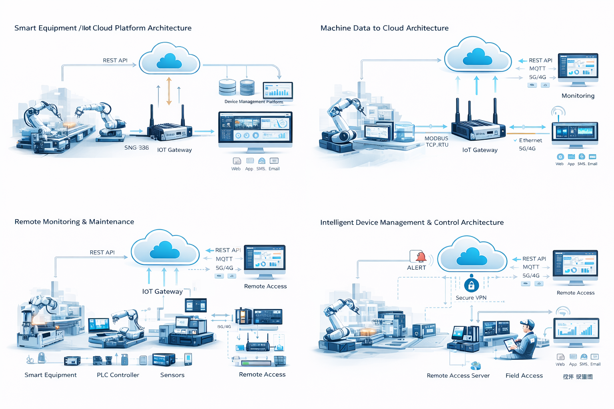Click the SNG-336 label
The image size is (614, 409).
pyautogui.click(x=136, y=148)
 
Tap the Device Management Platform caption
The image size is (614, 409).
pyautogui.click(x=253, y=102)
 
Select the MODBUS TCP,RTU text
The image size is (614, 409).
pyautogui.click(x=437, y=142)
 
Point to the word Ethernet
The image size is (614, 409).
pyautogui.click(x=530, y=141)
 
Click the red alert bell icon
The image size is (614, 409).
pyautogui.click(x=421, y=256)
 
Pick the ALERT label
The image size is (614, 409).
pyautogui.click(x=416, y=268)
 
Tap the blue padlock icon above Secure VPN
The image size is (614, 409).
pyautogui.click(x=471, y=285)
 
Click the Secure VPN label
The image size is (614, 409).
pyautogui.click(x=471, y=298)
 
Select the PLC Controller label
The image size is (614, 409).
pyautogui.click(x=118, y=375)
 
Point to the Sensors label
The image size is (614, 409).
pyautogui.click(x=172, y=375)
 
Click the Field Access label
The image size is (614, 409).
pyautogui.click(x=524, y=376)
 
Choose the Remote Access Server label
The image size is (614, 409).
pyautogui.click(x=458, y=376)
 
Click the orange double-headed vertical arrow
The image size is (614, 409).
pyautogui.click(x=169, y=91)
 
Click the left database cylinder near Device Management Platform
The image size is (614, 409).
pyautogui.click(x=227, y=87)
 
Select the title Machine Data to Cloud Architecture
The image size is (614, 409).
pyautogui.click(x=385, y=28)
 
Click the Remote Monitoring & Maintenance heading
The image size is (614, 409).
pyautogui.click(x=74, y=222)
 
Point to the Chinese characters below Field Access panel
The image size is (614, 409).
pyautogui.click(x=578, y=377)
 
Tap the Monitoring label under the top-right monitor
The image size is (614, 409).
pyautogui.click(x=578, y=96)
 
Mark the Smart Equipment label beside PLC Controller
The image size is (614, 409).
pyautogui.click(x=50, y=375)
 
